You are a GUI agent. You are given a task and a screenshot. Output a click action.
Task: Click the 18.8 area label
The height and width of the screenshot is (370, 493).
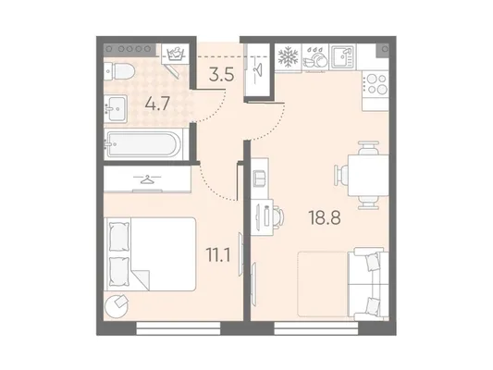click(x=325, y=217)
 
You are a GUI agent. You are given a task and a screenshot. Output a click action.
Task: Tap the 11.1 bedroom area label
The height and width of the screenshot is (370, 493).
click(x=218, y=254)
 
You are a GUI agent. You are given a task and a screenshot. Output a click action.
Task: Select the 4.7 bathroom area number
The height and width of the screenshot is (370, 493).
click(x=157, y=104)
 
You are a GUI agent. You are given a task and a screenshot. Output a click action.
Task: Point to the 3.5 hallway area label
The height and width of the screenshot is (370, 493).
click(x=222, y=75)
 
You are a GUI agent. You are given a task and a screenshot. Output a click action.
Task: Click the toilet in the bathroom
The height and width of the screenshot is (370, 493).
click(x=119, y=71)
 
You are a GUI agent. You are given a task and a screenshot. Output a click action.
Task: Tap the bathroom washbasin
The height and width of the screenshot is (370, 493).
click(x=116, y=109)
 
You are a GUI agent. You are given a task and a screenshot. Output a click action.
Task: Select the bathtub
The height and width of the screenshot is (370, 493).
click(x=143, y=144)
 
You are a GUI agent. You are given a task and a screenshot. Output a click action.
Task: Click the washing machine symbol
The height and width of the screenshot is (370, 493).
click(x=175, y=54)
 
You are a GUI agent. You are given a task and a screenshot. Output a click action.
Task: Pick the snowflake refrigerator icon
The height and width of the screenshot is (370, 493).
click(x=288, y=57)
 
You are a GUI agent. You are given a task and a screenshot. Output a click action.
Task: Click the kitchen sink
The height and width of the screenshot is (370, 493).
click(x=343, y=57)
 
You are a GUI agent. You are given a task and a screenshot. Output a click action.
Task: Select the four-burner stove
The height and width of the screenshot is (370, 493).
click(x=376, y=83)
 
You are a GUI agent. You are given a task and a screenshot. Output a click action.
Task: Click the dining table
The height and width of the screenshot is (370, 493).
click(x=368, y=175)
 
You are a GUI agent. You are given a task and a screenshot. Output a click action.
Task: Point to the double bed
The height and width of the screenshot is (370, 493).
click(x=150, y=254)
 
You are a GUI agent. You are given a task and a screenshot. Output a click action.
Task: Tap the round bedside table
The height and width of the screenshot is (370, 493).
click(x=117, y=305)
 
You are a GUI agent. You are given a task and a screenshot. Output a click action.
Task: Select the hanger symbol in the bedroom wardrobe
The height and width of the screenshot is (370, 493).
click(x=147, y=179)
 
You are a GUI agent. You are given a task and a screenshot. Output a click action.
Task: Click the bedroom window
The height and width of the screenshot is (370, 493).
click(x=179, y=328)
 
